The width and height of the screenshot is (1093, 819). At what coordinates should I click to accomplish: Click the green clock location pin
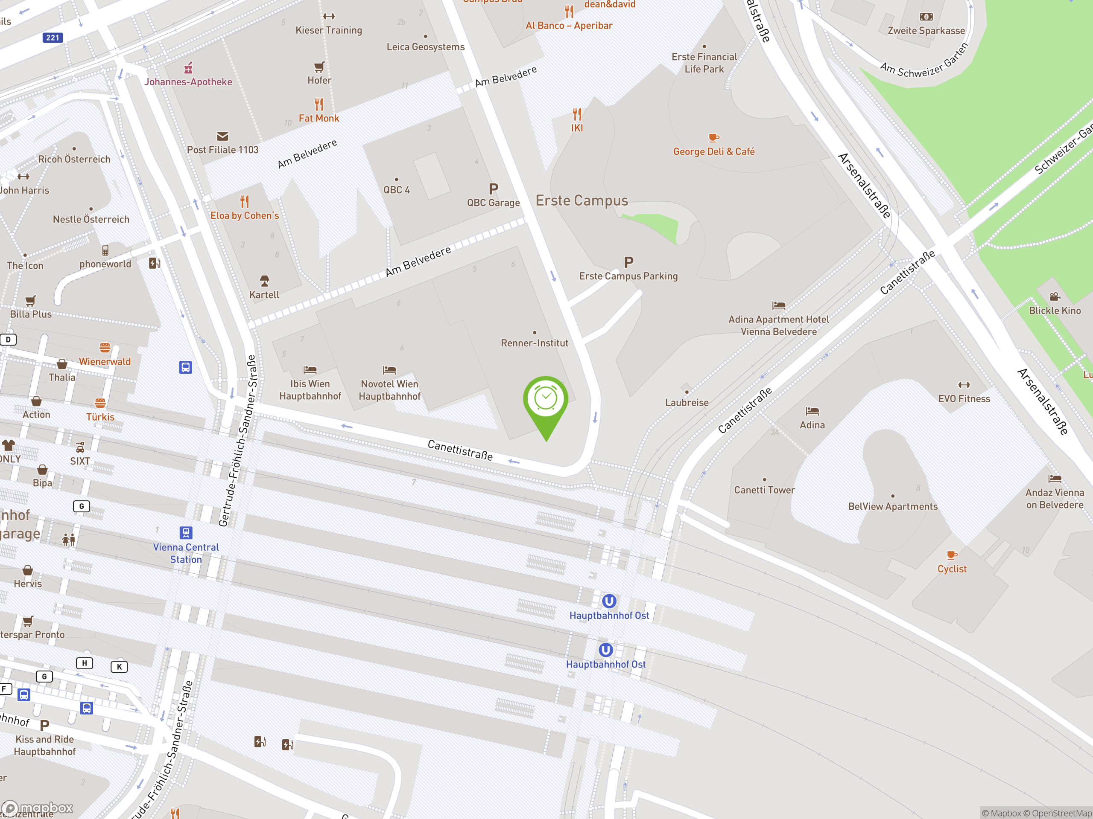(546, 400)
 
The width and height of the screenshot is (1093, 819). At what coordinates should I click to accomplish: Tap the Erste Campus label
(582, 200)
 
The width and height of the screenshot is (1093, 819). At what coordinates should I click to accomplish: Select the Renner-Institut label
(534, 343)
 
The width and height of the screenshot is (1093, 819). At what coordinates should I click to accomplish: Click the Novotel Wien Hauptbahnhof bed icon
(389, 370)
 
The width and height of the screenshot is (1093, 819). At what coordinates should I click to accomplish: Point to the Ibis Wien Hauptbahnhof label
(310, 390)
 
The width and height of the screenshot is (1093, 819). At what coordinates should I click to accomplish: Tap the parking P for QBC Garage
(493, 189)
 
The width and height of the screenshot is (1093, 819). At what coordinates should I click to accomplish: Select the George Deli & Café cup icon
(713, 138)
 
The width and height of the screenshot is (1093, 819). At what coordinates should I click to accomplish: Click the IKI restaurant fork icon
(577, 114)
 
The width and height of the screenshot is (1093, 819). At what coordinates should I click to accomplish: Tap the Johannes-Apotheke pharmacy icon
(188, 68)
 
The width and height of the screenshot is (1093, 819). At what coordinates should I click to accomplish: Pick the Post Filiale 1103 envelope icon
(222, 136)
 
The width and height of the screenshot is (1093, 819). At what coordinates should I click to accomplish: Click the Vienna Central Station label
(186, 553)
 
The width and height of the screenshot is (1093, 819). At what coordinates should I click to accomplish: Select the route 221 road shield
(53, 38)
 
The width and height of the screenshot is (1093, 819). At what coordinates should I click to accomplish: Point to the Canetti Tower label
(764, 490)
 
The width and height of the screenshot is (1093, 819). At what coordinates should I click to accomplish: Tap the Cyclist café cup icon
(951, 555)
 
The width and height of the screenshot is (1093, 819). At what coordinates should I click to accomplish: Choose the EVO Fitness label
(964, 399)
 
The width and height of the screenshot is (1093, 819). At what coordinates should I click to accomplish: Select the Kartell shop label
(264, 295)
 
